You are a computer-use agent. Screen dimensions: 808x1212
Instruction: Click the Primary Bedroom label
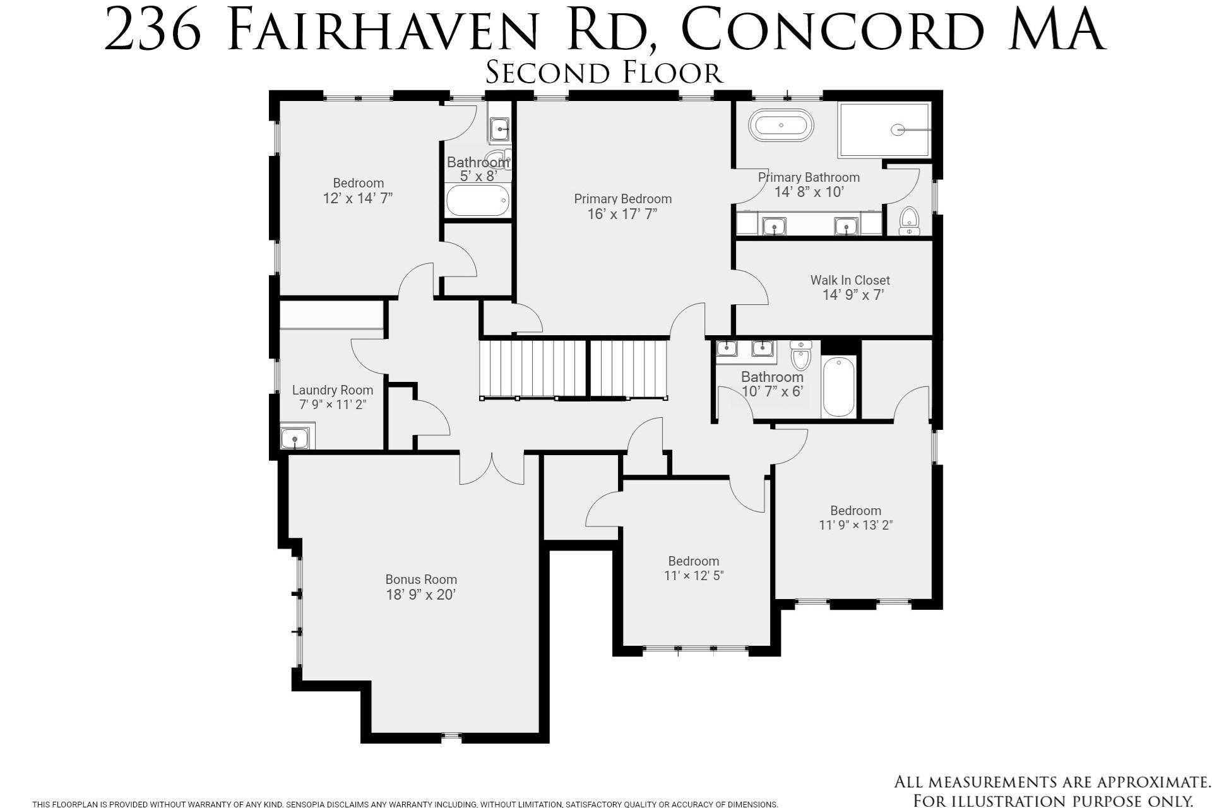pos(622,199)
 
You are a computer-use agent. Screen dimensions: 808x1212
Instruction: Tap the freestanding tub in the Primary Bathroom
pos(781,126)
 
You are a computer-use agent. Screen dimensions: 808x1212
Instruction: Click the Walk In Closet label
pos(850,280)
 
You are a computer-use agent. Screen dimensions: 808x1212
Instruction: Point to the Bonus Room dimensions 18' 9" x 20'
pos(420,595)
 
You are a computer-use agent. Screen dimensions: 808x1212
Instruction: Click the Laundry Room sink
pos(295,438)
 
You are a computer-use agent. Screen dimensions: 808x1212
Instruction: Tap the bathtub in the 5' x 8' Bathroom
pos(477,201)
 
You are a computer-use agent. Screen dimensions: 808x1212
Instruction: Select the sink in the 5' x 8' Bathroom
pos(500,130)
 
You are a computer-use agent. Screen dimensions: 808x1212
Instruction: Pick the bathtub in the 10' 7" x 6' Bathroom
pos(839,386)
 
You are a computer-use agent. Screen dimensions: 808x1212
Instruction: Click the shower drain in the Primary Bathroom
pos(898,130)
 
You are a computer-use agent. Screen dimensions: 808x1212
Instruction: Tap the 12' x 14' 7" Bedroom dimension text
pos(358,198)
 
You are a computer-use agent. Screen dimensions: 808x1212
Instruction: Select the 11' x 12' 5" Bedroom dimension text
pos(693,576)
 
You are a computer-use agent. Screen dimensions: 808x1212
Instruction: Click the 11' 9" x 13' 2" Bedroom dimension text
pos(855,525)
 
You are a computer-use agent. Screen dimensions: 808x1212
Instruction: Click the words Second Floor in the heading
pos(604,73)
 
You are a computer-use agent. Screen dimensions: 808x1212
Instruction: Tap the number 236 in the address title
pos(152,30)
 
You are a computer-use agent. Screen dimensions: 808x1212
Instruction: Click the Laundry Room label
pos(332,390)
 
